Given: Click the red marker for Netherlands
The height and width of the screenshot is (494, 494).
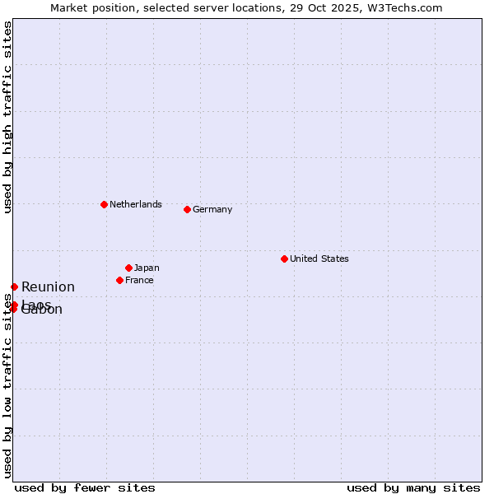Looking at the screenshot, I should (104, 204).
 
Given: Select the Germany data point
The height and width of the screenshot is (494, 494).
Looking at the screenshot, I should (187, 209).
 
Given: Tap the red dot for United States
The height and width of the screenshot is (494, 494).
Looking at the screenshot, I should (284, 259).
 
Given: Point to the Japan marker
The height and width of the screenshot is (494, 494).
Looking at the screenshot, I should (128, 268).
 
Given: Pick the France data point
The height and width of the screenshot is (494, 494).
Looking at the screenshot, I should (119, 280).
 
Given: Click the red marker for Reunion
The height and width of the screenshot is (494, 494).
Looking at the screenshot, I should (14, 287).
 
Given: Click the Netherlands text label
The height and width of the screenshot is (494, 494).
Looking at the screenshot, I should (136, 204).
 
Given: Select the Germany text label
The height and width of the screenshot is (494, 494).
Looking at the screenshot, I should (212, 209).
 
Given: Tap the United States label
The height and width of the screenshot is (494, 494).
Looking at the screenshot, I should (319, 259).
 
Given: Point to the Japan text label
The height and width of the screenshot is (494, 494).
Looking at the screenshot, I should (147, 268).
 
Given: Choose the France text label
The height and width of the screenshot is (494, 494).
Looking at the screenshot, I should (139, 280).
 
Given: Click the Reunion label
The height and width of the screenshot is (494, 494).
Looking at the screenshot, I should (48, 287).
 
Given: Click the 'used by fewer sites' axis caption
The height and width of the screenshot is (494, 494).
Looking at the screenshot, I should (85, 487).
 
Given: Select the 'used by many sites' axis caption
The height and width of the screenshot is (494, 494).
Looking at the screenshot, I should (413, 487).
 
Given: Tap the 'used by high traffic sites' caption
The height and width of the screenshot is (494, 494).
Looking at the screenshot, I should (7, 117).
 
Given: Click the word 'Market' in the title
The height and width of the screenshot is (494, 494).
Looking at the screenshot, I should (69, 7).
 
